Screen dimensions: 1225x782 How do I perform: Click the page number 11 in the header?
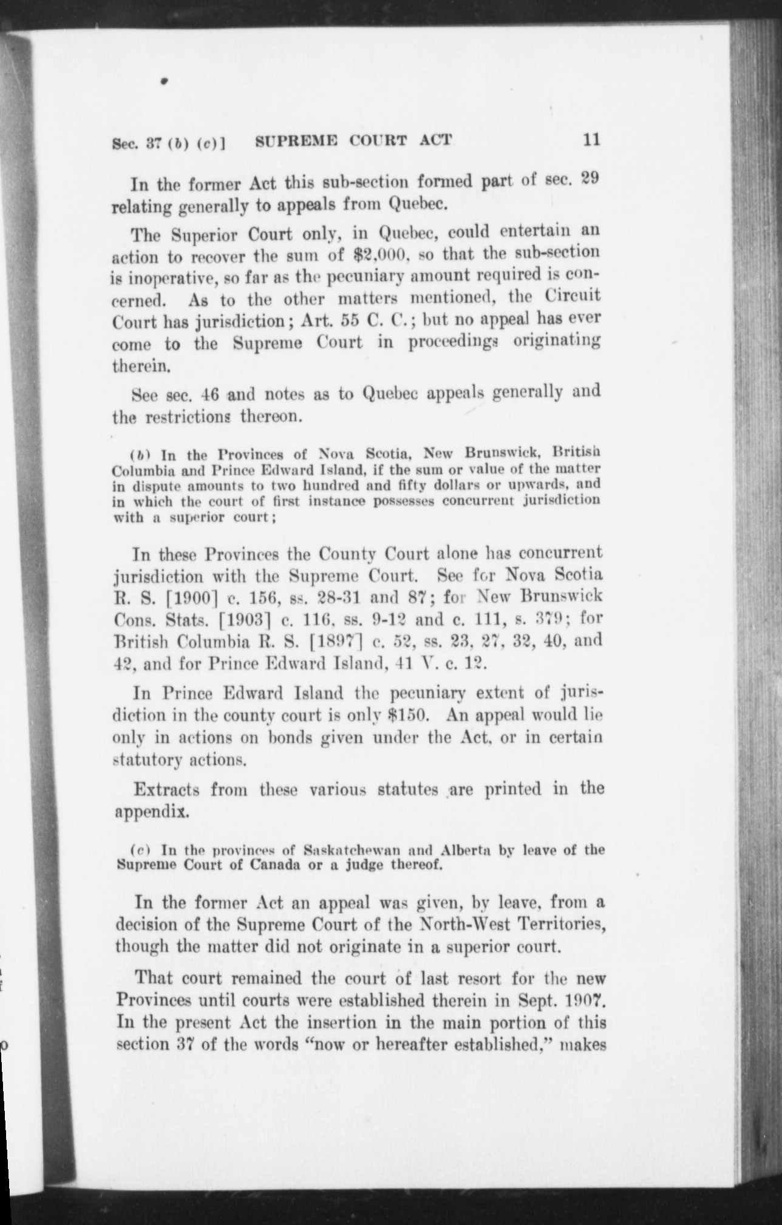[591, 140]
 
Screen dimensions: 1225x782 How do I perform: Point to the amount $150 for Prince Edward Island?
[409, 715]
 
